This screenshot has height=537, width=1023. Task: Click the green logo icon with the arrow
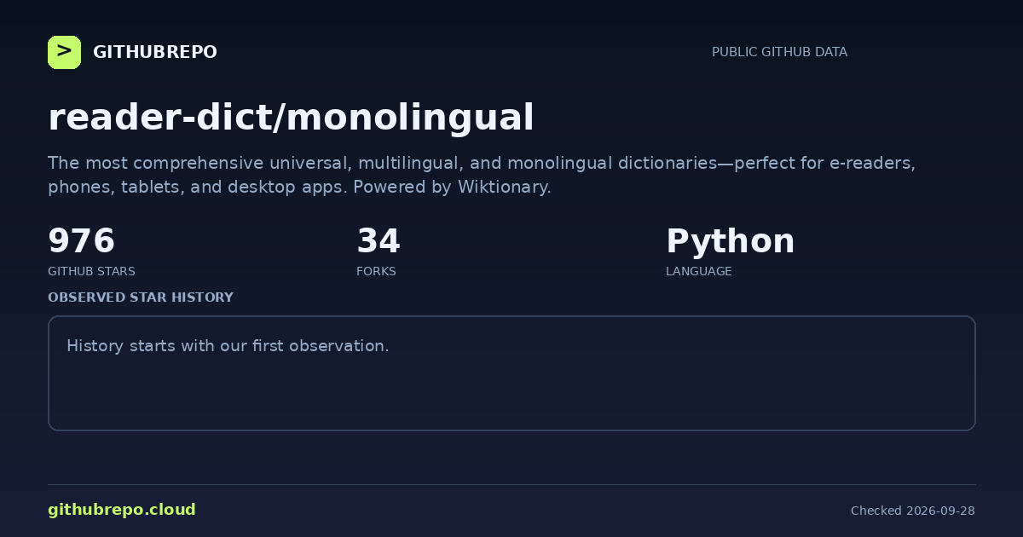pos(65,53)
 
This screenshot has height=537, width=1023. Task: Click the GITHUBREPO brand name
pos(155,52)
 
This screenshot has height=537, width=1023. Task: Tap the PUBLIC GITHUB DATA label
pos(779,52)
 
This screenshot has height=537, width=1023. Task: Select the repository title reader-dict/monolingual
pos(291,118)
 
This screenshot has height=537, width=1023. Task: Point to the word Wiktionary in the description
pos(504,188)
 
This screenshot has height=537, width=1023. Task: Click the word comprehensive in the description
pos(198,164)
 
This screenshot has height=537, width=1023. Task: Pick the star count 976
pos(81,240)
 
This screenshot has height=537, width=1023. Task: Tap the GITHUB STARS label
pos(91,271)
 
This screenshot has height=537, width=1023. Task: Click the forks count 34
pos(379,240)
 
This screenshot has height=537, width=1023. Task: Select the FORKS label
pos(376,271)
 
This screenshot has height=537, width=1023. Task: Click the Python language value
pos(731,242)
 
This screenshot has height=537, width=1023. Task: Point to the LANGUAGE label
pos(699,271)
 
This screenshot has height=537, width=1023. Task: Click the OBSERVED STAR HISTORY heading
pos(141,297)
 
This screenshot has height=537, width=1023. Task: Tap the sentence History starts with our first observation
pos(228,346)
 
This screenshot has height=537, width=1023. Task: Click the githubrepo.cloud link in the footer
pos(122,510)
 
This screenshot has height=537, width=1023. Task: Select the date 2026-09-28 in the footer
pos(940,511)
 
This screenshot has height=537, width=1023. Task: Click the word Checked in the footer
pos(876,511)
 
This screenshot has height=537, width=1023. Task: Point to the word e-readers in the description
pos(872,164)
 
